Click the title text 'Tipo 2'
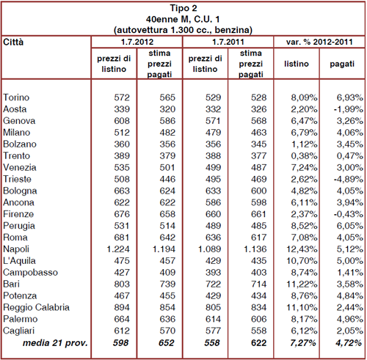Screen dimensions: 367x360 (183, 8)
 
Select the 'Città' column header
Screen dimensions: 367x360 (13, 43)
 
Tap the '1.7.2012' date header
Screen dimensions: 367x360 (137, 42)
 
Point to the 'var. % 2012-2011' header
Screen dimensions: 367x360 (319, 42)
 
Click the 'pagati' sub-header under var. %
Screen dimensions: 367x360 (342, 64)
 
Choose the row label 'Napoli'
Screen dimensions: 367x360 (16, 249)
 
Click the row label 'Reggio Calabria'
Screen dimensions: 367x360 (36, 307)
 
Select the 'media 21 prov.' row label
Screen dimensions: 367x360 (55, 343)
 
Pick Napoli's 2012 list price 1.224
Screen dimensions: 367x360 (118, 249)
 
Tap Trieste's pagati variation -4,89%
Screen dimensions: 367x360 (349, 179)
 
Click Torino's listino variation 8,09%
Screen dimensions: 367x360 (304, 98)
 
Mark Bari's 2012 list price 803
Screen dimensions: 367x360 (122, 284)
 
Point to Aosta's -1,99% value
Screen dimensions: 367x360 (349, 109)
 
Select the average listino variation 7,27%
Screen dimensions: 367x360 (303, 343)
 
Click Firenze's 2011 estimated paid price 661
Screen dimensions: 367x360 (258, 214)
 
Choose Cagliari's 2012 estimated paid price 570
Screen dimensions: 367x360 (167, 331)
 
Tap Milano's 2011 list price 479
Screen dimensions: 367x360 (213, 133)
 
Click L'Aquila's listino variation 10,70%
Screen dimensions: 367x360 (302, 261)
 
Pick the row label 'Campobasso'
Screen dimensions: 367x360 (30, 273)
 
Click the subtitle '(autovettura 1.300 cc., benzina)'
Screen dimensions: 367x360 (183, 30)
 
